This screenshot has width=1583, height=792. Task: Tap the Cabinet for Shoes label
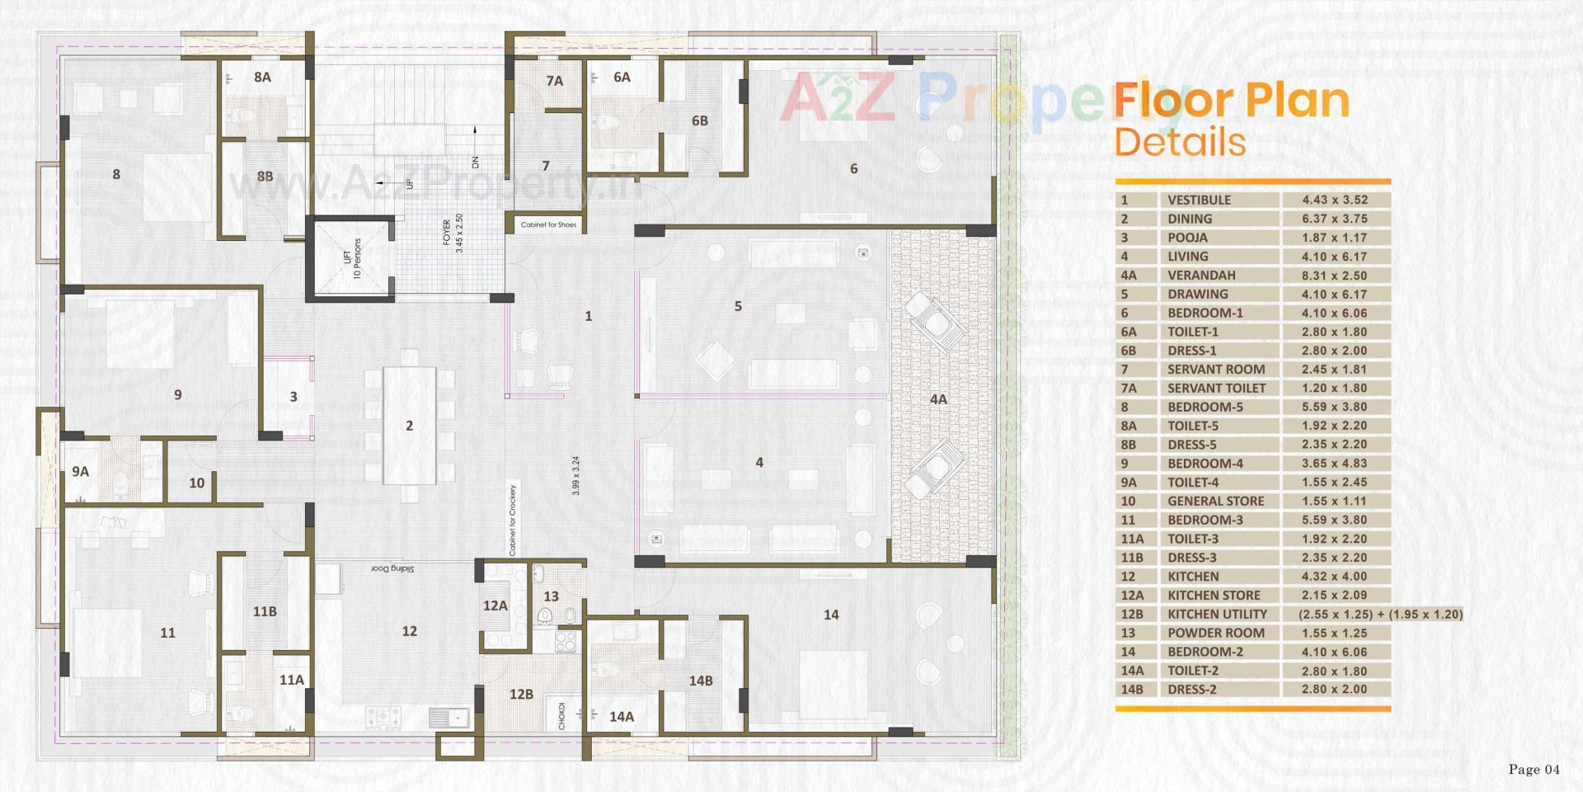548,224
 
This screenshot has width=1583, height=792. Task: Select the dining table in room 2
409,427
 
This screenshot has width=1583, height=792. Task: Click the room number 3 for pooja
294,397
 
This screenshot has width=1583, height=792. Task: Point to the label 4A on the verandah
938,399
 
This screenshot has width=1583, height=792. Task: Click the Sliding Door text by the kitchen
392,568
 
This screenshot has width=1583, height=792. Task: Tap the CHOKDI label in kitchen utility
562,715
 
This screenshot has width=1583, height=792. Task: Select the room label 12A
495,606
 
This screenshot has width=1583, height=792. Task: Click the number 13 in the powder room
551,596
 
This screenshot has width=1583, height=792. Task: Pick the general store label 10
196,483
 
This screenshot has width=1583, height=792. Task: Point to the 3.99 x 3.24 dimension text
576,475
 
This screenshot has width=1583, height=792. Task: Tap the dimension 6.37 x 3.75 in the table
1334,219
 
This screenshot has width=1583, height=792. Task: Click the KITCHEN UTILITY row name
1216,615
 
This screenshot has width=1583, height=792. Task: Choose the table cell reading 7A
1128,389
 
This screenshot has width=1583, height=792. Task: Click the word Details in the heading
1179,142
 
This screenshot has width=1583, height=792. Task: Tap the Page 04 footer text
1534,770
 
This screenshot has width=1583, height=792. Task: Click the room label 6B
699,121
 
